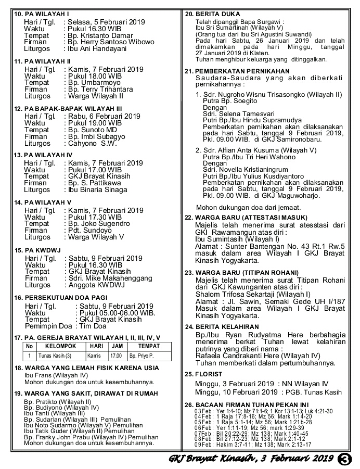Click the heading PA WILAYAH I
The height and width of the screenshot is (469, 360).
pyautogui.click(x=42, y=13)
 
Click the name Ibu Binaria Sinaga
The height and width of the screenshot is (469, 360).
pyautogui.click(x=98, y=190)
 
